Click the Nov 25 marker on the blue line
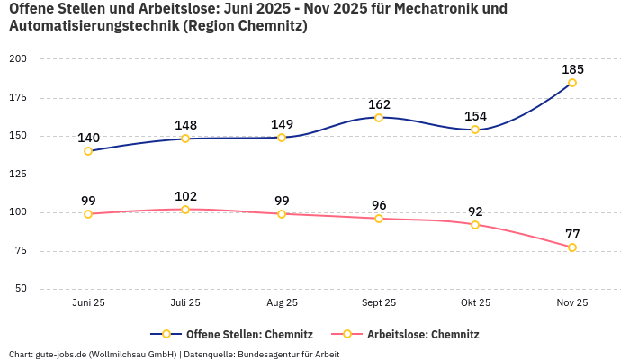[x=572, y=83]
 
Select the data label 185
[x=572, y=69]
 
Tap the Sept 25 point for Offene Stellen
[x=379, y=118]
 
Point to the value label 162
[x=379, y=104]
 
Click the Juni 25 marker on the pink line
[x=88, y=214]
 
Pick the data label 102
[x=185, y=196]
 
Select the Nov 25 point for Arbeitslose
[x=572, y=247]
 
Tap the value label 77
[x=572, y=234]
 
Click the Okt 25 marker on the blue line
[x=475, y=130]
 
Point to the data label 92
[x=475, y=211]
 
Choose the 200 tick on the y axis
[x=18, y=59]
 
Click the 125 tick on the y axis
[x=18, y=175]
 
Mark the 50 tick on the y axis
[x=21, y=289]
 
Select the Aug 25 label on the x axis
[x=282, y=303]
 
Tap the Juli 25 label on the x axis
[x=185, y=303]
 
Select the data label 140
[x=88, y=138]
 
